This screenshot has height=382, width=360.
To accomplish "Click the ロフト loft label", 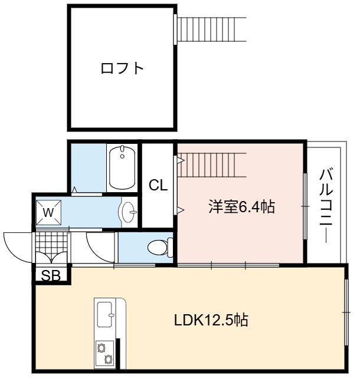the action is [122, 68].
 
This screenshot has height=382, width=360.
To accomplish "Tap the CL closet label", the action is [158, 185].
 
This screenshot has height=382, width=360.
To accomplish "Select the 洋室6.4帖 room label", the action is [241, 207].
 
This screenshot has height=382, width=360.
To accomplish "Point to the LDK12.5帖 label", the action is [211, 320].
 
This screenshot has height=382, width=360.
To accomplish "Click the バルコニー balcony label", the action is [326, 205].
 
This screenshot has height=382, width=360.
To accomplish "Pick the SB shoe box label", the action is [51, 276].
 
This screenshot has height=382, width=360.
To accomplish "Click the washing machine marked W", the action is [48, 212].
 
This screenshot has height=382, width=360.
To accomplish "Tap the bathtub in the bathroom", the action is [122, 167].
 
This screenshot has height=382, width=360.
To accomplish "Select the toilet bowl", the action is [161, 248].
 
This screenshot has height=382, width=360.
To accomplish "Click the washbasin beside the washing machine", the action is [128, 212].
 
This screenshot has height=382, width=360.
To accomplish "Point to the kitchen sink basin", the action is [106, 315].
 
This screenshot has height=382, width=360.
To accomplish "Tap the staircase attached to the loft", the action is [211, 29].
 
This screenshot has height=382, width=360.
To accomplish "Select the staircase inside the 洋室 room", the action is [211, 165].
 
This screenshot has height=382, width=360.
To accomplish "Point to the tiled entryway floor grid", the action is [51, 242].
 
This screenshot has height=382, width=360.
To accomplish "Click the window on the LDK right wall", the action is [346, 312].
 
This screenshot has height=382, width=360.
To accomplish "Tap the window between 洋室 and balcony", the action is [305, 206].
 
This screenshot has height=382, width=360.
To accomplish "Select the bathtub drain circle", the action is [122, 156].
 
